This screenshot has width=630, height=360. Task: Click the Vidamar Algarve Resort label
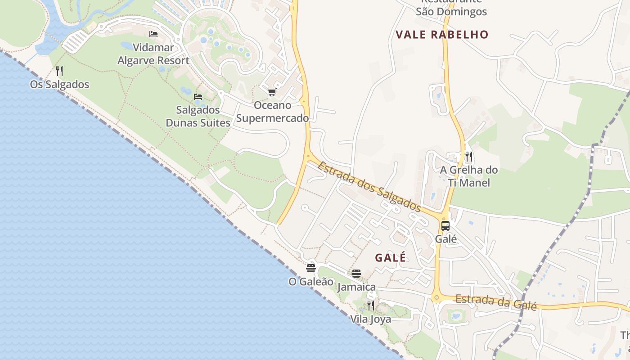[153, 54]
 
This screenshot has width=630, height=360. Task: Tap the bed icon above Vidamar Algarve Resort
[153, 34]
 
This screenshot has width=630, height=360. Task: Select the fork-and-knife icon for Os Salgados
[59, 71]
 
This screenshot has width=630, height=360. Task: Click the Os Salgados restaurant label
[59, 85]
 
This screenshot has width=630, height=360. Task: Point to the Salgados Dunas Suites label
[198, 116]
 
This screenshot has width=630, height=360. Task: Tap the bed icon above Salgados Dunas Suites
[198, 96]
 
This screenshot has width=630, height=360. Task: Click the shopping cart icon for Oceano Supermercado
[272, 92]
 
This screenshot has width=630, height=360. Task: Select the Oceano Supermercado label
[272, 112]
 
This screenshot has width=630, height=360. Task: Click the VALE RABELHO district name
[442, 35]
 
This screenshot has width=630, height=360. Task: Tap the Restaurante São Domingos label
[451, 9]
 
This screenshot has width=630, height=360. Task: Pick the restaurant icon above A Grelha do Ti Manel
[469, 157]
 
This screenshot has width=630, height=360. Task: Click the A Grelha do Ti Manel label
[469, 176]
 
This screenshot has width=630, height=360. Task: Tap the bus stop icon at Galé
[445, 226]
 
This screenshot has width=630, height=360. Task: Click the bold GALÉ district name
[391, 258]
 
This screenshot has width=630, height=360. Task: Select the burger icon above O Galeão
[311, 268]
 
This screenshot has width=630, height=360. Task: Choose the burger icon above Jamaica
[356, 273]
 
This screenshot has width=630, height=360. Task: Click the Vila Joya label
[371, 319]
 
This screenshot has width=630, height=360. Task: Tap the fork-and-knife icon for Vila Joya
[371, 306]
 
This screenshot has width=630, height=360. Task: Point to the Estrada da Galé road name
[496, 302]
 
